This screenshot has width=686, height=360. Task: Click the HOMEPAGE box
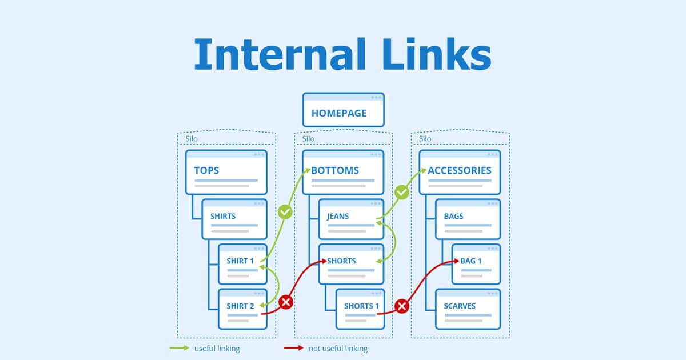coord(343,110)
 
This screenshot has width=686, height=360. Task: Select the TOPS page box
coord(226,171)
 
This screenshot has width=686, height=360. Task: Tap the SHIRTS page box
coord(234,219)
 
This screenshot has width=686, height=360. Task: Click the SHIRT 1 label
coord(241,261)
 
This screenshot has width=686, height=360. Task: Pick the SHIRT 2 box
coord(242,309)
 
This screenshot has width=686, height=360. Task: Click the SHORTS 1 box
coord(360,309)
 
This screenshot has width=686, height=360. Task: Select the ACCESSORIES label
coord(459,170)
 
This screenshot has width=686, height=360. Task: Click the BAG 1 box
coord(476,263)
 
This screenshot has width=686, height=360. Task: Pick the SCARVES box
coord(468,309)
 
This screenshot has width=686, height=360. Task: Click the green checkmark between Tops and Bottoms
coord(285,212)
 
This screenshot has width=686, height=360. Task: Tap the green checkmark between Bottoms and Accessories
coord(402,193)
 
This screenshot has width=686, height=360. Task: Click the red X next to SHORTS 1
coord(402,307)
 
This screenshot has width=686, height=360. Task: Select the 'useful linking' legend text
coord(217,348)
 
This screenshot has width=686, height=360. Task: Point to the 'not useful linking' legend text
coord(337,348)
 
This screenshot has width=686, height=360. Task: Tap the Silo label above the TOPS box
coord(192,139)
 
